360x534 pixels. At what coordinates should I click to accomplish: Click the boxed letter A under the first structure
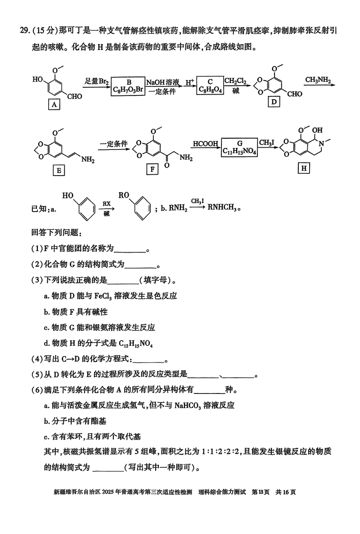point(54,105)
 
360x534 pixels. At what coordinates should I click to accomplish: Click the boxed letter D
point(273,102)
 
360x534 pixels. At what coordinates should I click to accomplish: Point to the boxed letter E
point(58,170)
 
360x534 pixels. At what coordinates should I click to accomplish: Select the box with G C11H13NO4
point(239,149)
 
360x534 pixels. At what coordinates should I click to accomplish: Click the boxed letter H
point(304,168)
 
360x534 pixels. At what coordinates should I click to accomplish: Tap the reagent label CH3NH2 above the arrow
point(318,81)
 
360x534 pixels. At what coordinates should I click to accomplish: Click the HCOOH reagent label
point(206,144)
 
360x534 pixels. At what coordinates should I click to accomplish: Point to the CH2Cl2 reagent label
point(235,81)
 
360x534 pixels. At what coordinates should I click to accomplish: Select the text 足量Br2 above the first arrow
point(97,81)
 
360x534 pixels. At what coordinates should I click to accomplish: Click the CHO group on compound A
point(75,96)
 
